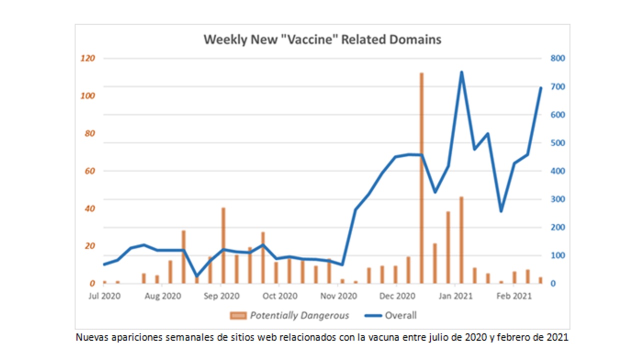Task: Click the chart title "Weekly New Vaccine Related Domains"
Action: (x=322, y=40)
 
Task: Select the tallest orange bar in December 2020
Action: (x=421, y=177)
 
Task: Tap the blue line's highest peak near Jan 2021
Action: (x=461, y=72)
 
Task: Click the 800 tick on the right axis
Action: (x=557, y=58)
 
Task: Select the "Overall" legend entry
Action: (x=400, y=315)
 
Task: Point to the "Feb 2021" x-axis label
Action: (x=514, y=296)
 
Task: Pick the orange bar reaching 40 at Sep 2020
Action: (x=223, y=245)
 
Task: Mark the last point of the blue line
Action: (x=540, y=88)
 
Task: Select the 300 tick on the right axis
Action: (x=557, y=199)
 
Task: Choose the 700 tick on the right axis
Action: (x=557, y=86)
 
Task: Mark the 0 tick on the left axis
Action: (x=92, y=283)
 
